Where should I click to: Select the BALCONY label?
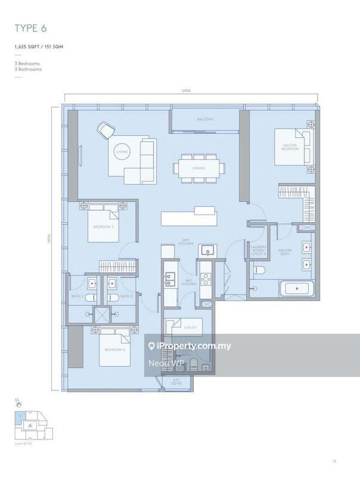(x=205, y=120)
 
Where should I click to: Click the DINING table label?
(x=199, y=169)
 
